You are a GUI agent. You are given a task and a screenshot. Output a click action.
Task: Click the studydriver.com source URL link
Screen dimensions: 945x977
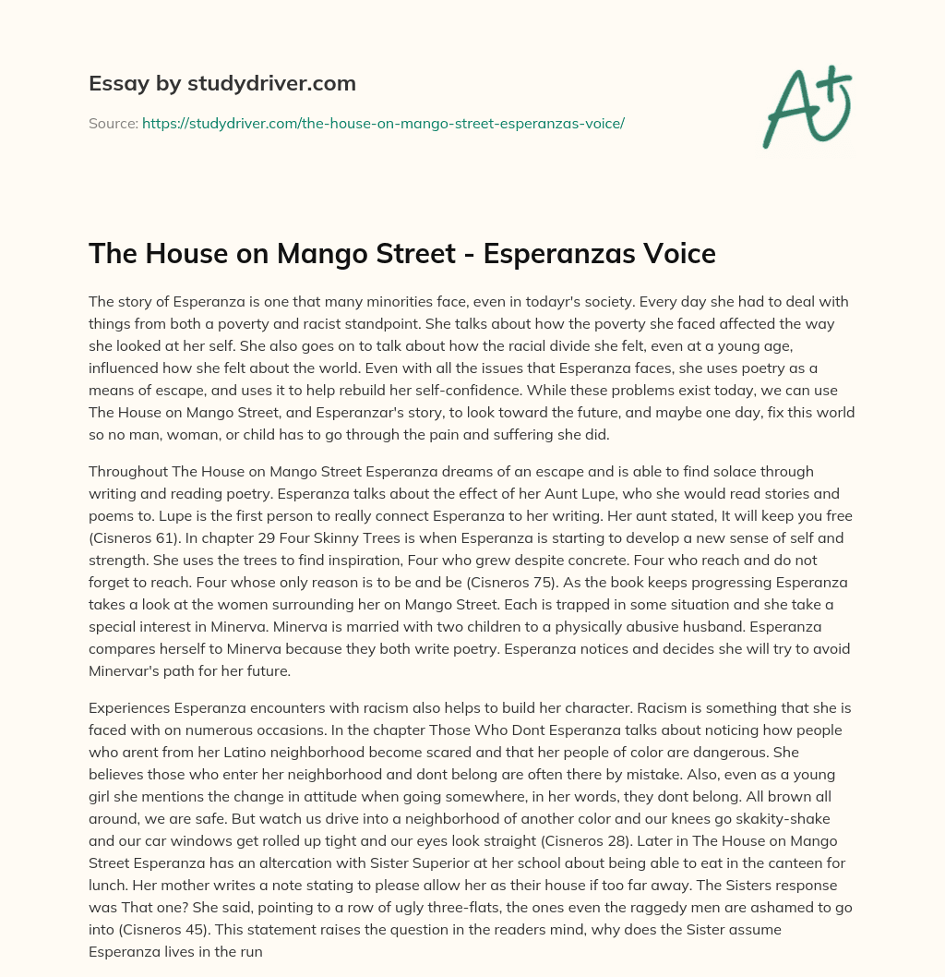[383, 123]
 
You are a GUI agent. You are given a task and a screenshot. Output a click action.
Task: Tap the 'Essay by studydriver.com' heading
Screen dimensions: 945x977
[222, 83]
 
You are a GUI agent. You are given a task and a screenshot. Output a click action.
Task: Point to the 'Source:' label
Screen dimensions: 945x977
[113, 123]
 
